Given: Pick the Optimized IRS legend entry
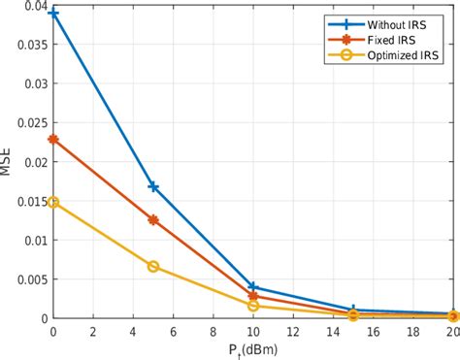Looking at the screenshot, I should coord(400,57).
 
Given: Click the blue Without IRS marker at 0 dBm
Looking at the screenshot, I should coord(53,14).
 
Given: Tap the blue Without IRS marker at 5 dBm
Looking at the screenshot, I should coord(153,186).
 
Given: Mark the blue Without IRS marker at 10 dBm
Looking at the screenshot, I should coord(253,287).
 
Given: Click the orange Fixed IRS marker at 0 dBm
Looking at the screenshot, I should coord(53,139).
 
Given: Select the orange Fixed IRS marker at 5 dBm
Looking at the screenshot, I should coord(153,220).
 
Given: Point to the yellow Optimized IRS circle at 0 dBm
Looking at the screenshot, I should coord(53,202).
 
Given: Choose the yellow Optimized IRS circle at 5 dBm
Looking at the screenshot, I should coord(153,266).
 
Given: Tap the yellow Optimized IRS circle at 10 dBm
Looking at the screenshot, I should coord(253,306).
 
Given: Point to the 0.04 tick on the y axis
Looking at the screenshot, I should coord(31,7).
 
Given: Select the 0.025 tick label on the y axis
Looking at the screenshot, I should coord(27,123).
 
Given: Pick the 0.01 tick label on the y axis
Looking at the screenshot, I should coord(31,240).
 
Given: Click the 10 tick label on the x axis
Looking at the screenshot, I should coord(253,331).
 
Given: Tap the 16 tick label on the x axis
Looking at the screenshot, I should coord(374,331).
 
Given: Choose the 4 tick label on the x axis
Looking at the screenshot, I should coord(133,331).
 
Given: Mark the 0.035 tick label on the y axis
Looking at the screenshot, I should coord(27,46).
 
